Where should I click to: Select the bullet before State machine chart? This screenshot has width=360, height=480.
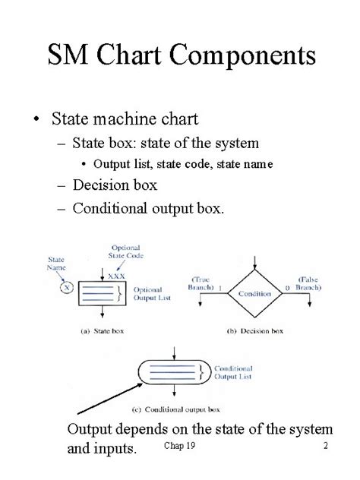[x=35, y=119]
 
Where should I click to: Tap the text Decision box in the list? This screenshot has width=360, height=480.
[x=115, y=185]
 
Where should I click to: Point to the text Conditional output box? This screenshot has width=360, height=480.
[x=148, y=207]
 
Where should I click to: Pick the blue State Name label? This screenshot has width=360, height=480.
[x=58, y=264]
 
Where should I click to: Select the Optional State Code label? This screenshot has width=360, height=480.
[x=125, y=251]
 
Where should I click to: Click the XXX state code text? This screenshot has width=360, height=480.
[x=116, y=276]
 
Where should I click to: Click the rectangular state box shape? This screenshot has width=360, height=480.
[x=102, y=293]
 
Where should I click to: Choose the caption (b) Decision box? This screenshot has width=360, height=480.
[x=256, y=332]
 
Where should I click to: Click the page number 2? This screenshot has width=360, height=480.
[x=325, y=446]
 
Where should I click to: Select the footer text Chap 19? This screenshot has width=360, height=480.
[x=179, y=446]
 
